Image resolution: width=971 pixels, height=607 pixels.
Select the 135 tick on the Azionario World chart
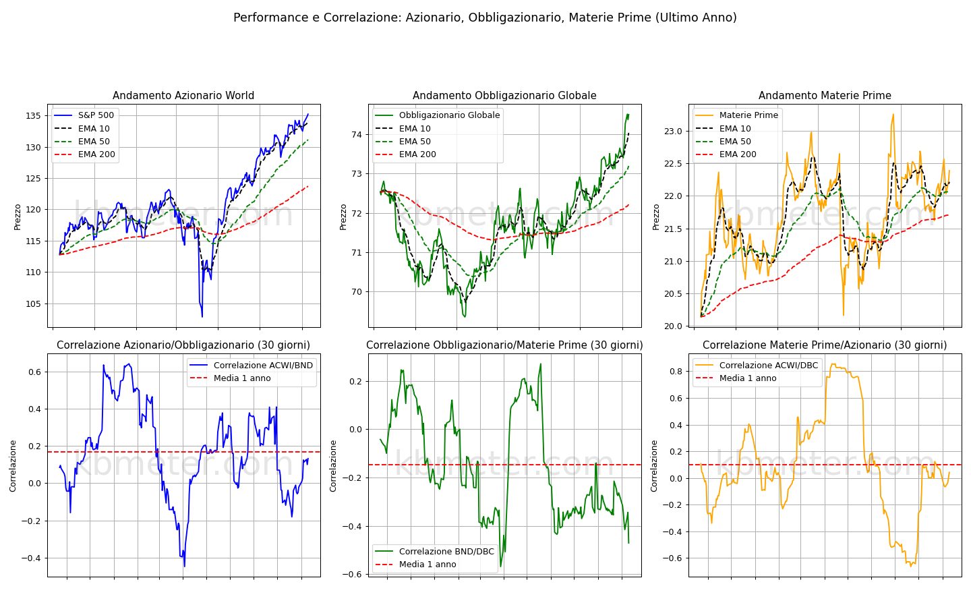34,116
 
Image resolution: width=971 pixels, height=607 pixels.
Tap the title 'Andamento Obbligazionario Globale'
504,95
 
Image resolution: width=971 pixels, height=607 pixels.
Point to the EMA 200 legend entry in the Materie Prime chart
726,154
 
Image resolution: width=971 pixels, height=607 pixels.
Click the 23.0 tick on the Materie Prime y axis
673,132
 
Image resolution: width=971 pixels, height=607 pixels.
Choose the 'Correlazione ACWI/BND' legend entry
252,366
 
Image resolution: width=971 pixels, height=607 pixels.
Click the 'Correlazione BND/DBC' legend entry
434,552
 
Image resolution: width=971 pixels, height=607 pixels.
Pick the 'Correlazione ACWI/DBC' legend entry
757,366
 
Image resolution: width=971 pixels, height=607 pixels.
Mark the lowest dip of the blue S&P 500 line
202,316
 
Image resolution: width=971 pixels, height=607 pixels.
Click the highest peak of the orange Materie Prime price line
893,115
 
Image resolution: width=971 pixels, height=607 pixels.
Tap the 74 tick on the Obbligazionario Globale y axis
357,134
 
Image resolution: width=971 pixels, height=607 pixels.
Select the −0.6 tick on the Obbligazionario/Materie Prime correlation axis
352,575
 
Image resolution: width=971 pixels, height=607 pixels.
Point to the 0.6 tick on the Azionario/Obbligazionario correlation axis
34,372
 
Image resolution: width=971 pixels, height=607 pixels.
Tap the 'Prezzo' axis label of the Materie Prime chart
656,217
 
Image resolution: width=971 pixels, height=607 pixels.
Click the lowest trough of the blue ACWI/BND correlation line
184,567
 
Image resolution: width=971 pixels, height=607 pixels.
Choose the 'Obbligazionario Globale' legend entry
436,115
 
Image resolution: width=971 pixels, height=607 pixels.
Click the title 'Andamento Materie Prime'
825,95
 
